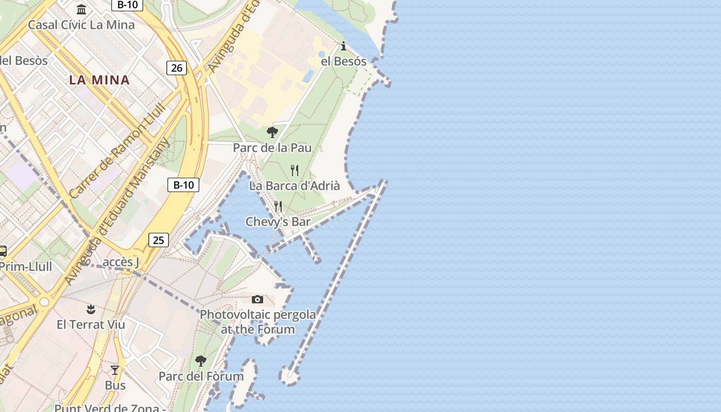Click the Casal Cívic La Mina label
[81, 25]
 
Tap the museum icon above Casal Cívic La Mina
[81, 9]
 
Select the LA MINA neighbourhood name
[99, 80]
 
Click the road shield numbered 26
[177, 67]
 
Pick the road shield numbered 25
[159, 239]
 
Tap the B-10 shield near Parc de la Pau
[183, 185]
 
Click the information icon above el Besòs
[344, 46]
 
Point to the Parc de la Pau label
[272, 148]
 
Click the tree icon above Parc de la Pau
[272, 133]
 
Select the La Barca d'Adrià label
[295, 186]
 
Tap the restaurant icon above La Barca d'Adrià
[295, 170]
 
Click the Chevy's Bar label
[278, 222]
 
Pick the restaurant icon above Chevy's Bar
[278, 207]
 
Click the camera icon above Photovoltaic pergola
[257, 299]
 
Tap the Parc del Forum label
[201, 376]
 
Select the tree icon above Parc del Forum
[201, 360]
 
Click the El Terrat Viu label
[91, 324]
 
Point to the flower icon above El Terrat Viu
[91, 309]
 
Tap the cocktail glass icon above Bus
[115, 370]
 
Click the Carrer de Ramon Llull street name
[117, 150]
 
